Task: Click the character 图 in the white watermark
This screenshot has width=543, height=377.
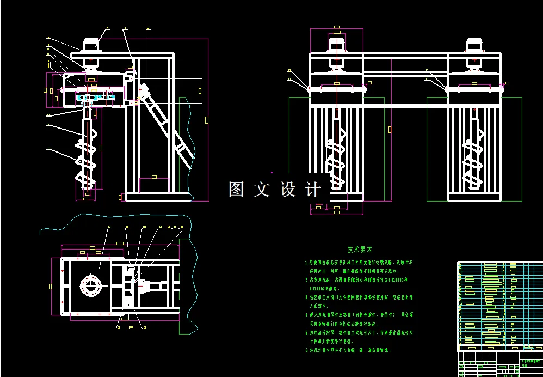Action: pyautogui.click(x=237, y=190)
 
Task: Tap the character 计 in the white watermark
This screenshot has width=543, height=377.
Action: pyautogui.click(x=313, y=190)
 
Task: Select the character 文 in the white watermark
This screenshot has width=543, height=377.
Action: pyautogui.click(x=262, y=190)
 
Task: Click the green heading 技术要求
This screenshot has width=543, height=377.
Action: pyautogui.click(x=360, y=250)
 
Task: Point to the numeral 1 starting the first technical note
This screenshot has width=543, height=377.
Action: pyautogui.click(x=306, y=263)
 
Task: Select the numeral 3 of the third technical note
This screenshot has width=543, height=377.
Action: pyautogui.click(x=306, y=298)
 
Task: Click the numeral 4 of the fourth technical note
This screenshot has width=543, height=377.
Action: pyautogui.click(x=306, y=314)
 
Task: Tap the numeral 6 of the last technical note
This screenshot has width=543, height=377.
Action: pyautogui.click(x=306, y=350)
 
